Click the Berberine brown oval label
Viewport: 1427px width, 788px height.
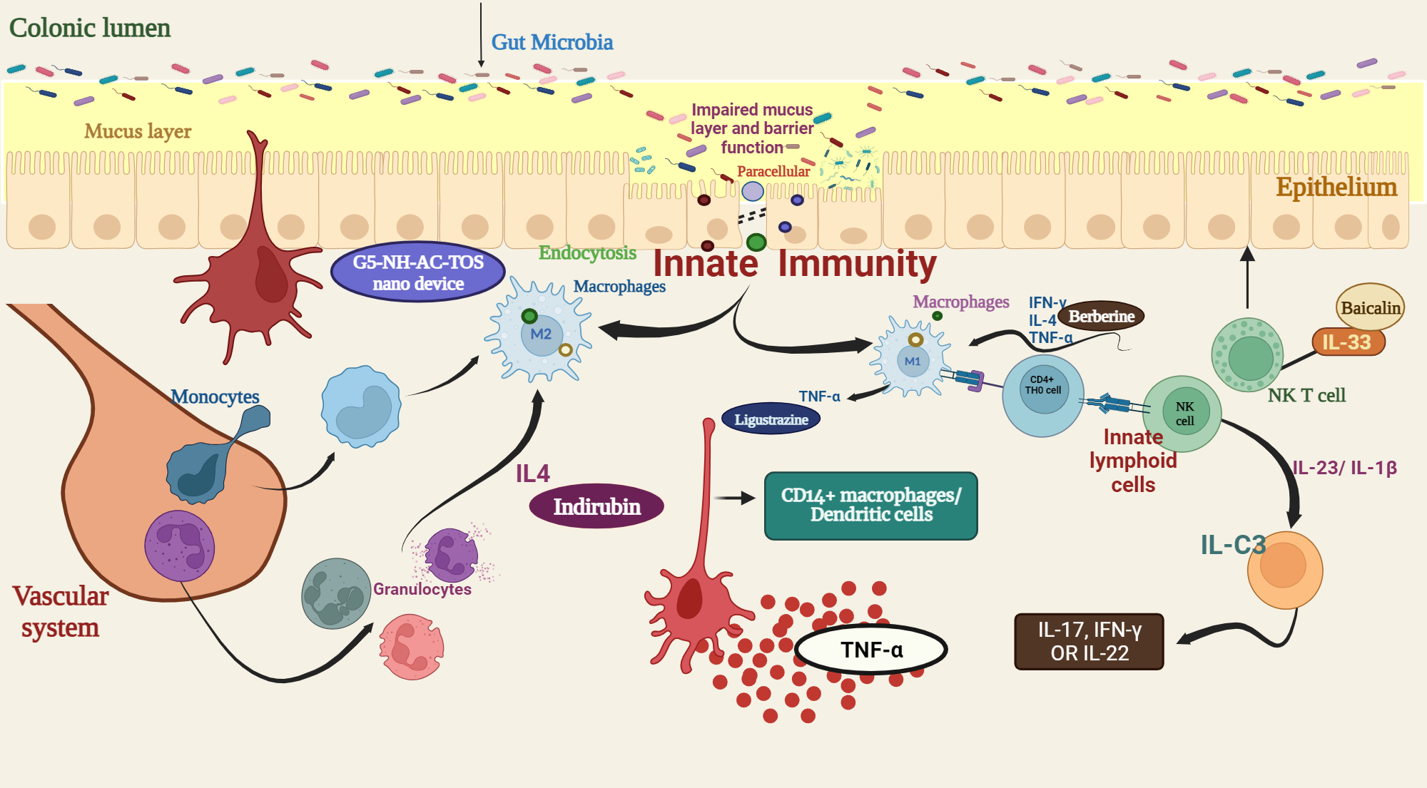(1101, 316)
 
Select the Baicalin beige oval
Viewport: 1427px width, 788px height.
(1370, 307)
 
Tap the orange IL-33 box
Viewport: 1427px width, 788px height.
(1348, 342)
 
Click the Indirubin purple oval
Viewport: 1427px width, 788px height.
(596, 507)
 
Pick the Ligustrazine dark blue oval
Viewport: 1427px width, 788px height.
(771, 419)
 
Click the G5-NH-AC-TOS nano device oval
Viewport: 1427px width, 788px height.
(418, 272)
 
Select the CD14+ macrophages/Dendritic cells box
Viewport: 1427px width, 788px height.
(870, 505)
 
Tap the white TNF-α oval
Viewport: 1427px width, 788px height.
(871, 650)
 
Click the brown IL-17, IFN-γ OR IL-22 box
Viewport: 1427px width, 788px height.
(1089, 641)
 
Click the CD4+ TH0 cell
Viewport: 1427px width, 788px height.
(1043, 394)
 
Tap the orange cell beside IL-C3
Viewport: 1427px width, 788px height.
(1285, 569)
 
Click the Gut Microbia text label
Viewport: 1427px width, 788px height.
(552, 42)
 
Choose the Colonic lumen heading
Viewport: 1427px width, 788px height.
(90, 28)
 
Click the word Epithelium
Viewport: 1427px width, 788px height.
(1336, 187)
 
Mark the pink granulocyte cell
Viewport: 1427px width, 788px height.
(411, 648)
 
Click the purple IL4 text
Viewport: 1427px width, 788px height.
(532, 474)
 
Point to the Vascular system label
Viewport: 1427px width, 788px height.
(61, 612)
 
